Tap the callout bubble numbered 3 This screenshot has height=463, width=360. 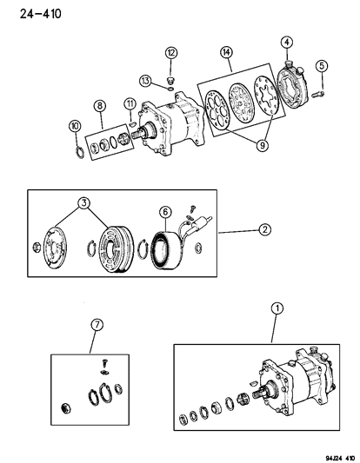tap(85, 203)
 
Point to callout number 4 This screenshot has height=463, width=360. tap(287, 42)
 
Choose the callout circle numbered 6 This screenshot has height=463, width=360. tap(165, 211)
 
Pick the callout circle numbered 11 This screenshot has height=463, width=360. tap(130, 105)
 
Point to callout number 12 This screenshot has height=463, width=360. tap(170, 54)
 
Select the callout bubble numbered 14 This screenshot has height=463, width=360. tap(228, 54)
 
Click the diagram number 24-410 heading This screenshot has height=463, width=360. tap(29, 12)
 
